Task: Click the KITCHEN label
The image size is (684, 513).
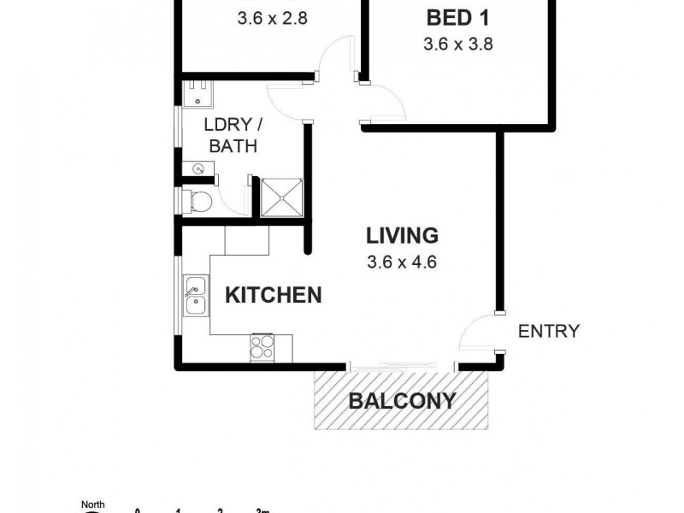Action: point(273,296)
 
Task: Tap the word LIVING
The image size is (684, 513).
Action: point(402,235)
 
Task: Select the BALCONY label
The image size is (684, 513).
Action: point(401,400)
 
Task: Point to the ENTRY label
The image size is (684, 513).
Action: point(549,331)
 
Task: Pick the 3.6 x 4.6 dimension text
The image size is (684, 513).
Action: point(402,262)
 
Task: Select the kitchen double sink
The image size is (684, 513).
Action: point(195,295)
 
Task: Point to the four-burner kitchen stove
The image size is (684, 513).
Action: point(261,346)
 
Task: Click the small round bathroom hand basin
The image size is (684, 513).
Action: point(198,168)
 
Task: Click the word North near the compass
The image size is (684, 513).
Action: point(92,505)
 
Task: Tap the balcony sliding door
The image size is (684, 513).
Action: point(402,366)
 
